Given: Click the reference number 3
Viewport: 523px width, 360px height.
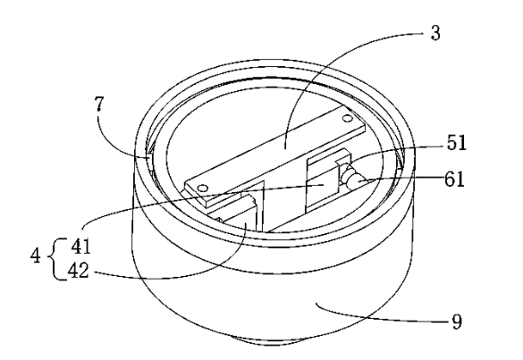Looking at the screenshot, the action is tap(435, 33).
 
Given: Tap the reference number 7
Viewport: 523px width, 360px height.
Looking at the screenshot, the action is tap(99, 104).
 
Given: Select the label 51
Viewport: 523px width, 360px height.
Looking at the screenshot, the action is tap(456, 143).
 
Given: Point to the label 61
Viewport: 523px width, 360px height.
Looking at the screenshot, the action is tap(454, 179).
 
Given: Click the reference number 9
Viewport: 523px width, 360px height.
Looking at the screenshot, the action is tap(457, 322).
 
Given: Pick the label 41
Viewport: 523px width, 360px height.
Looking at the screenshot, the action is tap(80, 247).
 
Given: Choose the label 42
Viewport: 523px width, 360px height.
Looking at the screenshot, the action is tap(79, 271).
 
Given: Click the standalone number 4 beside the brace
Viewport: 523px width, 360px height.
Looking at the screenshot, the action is tap(36, 256).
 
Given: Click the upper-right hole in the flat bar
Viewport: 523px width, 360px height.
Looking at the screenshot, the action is tap(347, 118).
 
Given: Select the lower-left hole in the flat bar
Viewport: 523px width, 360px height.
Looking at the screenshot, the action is tap(202, 188).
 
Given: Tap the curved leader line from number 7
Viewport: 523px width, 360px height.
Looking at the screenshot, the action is tap(110, 141).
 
